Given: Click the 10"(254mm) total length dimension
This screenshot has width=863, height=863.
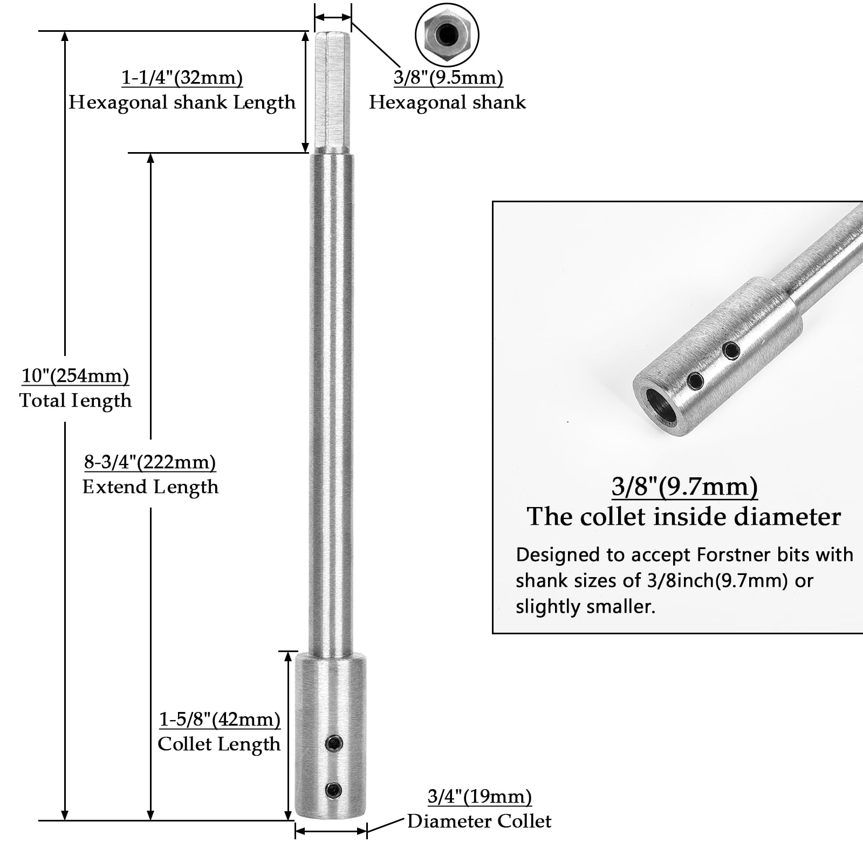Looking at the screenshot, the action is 76,376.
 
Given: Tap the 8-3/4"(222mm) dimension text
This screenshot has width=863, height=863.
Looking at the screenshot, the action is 150,462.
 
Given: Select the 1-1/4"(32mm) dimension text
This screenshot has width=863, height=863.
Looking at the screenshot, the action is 182,78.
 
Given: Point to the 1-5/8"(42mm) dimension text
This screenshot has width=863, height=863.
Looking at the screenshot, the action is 220,719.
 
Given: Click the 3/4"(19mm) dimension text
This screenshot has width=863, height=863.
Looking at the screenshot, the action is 480,797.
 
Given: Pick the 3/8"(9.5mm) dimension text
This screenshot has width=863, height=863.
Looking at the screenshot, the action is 448,78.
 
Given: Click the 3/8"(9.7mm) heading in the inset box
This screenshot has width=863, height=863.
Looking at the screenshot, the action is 684,487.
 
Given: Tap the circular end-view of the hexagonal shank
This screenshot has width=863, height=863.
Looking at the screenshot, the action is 447,36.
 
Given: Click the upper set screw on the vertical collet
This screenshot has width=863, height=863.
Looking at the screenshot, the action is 334,744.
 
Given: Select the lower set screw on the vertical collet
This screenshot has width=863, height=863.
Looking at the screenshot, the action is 334,791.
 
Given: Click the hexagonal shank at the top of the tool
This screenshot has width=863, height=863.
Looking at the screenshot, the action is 333,92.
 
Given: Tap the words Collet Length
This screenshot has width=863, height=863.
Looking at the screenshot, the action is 219,744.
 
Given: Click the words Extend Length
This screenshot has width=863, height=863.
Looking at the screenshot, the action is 150,487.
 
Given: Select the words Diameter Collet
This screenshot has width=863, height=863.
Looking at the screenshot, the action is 480,821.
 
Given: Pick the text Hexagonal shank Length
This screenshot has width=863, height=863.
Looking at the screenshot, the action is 182,102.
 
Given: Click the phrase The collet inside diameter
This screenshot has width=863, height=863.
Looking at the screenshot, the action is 684,517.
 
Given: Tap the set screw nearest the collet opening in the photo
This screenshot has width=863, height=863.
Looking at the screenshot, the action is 695,381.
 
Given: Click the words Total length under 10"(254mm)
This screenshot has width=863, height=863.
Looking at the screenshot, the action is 76,400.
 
